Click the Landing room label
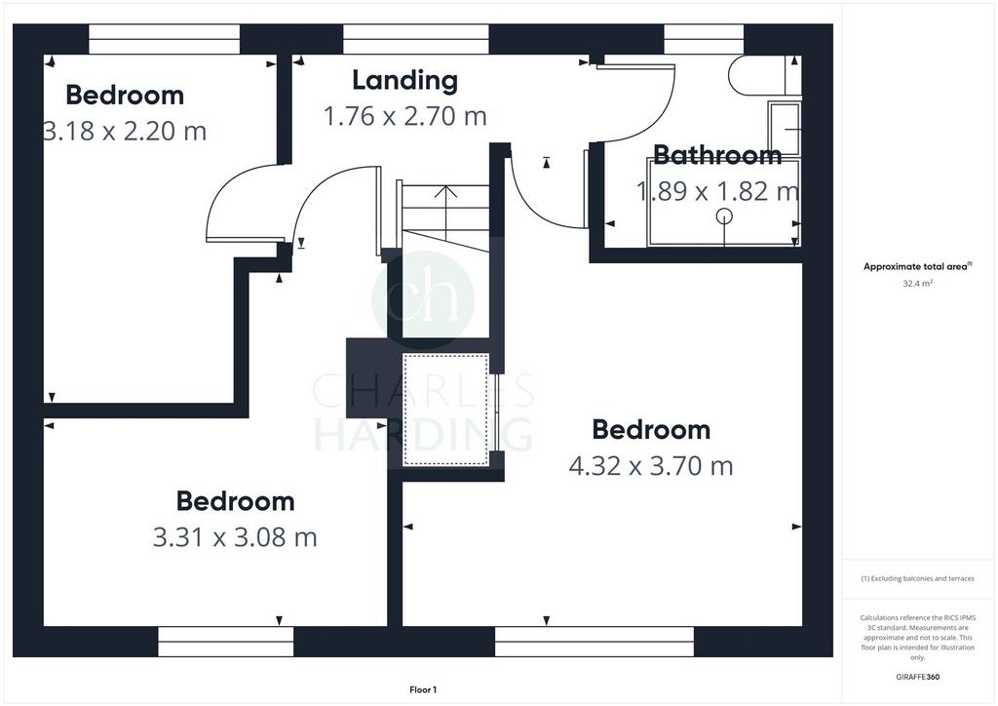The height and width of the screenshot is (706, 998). (x=404, y=80)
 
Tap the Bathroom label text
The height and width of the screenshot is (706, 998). (x=717, y=155)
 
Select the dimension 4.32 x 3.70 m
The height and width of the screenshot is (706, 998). (x=650, y=466)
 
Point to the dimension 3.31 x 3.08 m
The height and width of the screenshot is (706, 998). (x=235, y=537)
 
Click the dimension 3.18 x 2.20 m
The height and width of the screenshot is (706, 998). (x=125, y=131)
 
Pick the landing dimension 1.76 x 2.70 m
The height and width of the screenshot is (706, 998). (x=404, y=116)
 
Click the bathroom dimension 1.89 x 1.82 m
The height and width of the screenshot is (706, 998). (x=718, y=191)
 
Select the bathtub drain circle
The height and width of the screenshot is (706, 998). (x=724, y=216)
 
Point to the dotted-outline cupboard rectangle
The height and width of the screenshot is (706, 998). (x=446, y=410)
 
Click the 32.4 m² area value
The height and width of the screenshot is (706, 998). (x=917, y=284)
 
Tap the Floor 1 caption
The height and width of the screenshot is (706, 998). (x=423, y=689)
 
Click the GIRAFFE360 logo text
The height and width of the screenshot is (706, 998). (x=917, y=677)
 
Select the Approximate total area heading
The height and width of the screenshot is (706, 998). (x=917, y=267)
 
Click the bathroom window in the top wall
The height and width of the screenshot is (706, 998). (x=704, y=39)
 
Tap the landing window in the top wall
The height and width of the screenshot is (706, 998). (x=416, y=39)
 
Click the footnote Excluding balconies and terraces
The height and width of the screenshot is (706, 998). (x=917, y=578)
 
